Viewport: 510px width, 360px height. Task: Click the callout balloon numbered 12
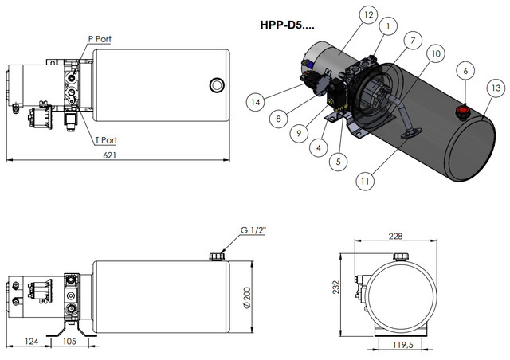pyautogui.click(x=345, y=15)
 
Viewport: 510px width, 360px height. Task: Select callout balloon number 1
pyautogui.click(x=386, y=26)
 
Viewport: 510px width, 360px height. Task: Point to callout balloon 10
pyautogui.click(x=436, y=53)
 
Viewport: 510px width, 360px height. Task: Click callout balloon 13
pyautogui.click(x=496, y=87)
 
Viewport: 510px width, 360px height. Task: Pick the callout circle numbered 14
pyautogui.click(x=255, y=101)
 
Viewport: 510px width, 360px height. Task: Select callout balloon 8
pyautogui.click(x=277, y=119)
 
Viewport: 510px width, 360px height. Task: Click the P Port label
pyautogui.click(x=100, y=39)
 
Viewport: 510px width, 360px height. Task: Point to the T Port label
pyautogui.click(x=105, y=140)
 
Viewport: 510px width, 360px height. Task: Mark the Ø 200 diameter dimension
pyautogui.click(x=247, y=296)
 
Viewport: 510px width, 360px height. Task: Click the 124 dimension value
pyautogui.click(x=32, y=342)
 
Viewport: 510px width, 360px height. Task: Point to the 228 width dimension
pyautogui.click(x=395, y=236)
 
